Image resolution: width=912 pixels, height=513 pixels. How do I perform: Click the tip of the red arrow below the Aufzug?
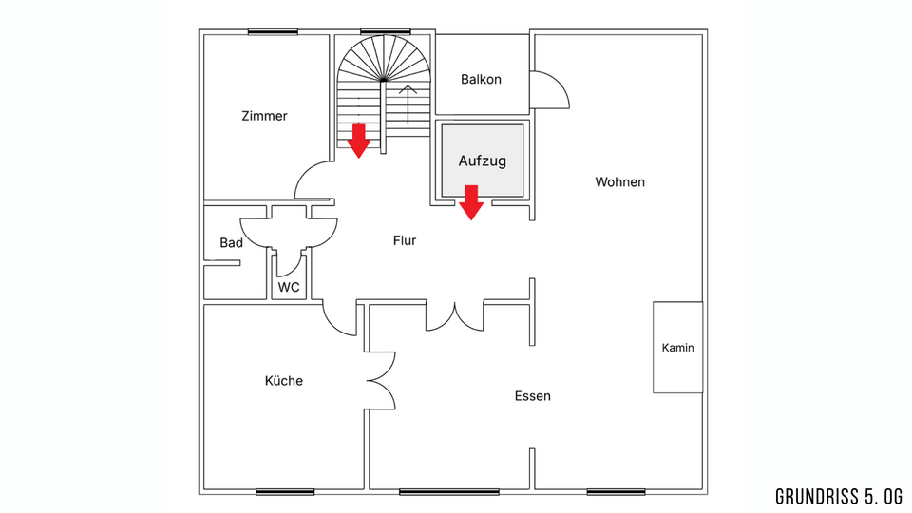(471, 219)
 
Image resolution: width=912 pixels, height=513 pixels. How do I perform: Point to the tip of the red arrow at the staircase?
(359, 158)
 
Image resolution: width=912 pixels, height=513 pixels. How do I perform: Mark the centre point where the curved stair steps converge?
(382, 80)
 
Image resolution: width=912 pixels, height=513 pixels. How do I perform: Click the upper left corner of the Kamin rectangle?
(654, 302)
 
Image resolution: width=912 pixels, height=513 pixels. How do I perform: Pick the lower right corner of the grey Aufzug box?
(522, 196)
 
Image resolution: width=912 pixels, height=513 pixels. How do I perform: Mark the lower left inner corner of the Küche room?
(204, 488)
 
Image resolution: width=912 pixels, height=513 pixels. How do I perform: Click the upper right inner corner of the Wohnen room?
(702, 35)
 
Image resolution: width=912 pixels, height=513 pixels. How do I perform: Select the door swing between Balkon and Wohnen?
(550, 89)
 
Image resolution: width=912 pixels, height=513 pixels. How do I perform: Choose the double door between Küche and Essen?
(381, 380)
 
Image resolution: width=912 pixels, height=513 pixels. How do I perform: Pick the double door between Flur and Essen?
(455, 316)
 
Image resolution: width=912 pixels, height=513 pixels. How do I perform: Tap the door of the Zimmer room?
(314, 180)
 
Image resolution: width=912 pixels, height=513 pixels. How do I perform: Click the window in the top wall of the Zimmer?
(265, 32)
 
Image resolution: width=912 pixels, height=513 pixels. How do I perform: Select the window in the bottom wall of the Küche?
(285, 492)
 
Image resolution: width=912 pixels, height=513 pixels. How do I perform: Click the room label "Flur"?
(405, 240)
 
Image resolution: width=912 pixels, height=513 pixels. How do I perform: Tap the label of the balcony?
(481, 79)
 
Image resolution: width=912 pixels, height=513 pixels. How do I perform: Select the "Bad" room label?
(232, 243)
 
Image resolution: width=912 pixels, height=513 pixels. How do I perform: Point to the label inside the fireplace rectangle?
(677, 348)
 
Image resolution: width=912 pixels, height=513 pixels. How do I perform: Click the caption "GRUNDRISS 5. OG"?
(839, 497)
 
